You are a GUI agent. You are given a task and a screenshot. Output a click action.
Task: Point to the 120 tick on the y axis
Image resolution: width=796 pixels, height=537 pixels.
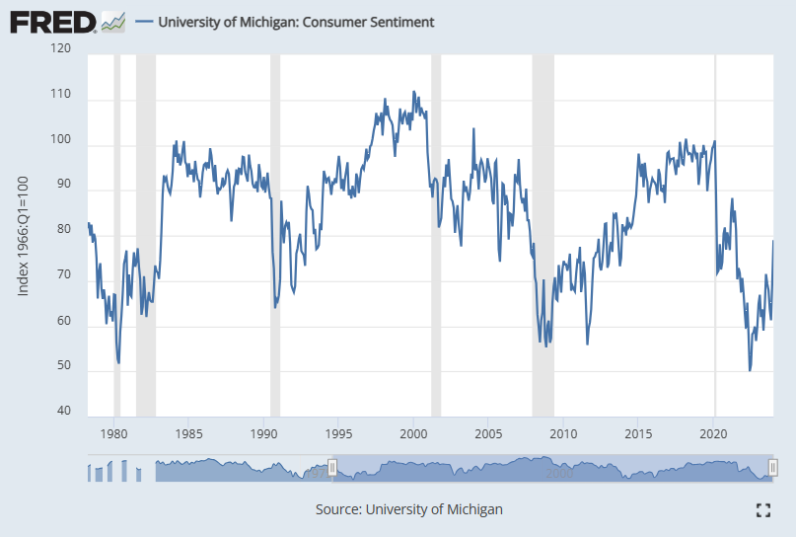[x=61, y=47]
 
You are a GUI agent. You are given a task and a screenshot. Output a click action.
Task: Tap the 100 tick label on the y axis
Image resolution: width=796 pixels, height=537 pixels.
[x=61, y=139]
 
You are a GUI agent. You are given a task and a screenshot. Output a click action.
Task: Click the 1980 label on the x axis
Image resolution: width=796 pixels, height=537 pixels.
[x=114, y=433]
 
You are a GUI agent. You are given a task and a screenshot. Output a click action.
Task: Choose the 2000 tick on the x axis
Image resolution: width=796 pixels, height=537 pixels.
[x=414, y=433]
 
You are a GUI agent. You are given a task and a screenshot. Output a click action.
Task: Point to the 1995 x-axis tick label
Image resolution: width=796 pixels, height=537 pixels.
[x=339, y=433]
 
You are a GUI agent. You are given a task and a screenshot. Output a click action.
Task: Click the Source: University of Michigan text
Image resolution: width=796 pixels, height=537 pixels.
[x=408, y=509]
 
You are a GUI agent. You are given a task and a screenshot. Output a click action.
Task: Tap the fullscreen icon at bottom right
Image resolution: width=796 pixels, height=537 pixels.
[x=761, y=510]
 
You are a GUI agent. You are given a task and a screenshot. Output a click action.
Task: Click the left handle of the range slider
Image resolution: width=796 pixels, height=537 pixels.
[x=333, y=468]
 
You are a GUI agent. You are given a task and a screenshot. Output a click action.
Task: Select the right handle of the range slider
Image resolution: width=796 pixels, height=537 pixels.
[x=773, y=468]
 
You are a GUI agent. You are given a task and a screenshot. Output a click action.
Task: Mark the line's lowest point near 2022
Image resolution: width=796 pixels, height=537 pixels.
[x=750, y=370]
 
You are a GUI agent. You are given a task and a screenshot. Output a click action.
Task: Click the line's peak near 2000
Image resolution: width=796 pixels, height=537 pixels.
[x=413, y=92]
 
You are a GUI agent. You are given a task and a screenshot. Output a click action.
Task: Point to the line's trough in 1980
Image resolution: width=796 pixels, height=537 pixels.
[x=119, y=362]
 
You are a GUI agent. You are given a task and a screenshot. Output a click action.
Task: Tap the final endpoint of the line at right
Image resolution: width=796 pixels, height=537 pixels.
[x=772, y=241]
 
